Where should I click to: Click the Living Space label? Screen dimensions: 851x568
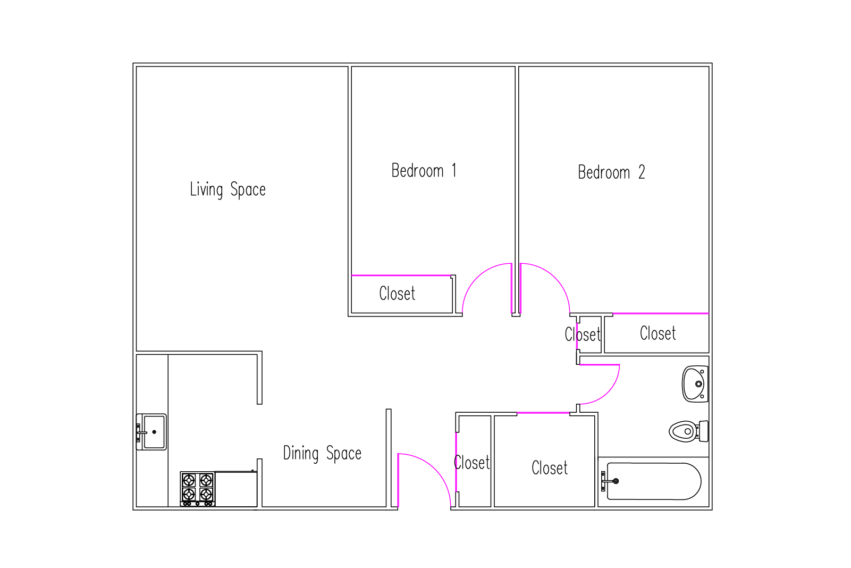(x=228, y=189)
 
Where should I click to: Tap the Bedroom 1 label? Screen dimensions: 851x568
(x=424, y=170)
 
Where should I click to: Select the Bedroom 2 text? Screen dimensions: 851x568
(x=611, y=172)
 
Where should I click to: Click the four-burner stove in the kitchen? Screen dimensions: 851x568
(x=198, y=489)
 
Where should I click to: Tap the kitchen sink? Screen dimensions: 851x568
(x=151, y=432)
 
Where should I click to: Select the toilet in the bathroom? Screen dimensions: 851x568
(x=688, y=431)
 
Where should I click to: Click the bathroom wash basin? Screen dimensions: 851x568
(x=695, y=384)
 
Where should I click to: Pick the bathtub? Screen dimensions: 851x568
(x=654, y=481)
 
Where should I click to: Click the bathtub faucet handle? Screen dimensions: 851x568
(x=609, y=481)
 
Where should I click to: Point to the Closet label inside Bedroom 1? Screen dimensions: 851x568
(x=397, y=294)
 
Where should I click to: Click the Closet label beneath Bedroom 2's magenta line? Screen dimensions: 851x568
(x=658, y=333)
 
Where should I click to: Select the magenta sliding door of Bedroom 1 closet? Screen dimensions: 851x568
(x=401, y=275)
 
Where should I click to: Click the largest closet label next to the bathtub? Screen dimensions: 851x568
(x=550, y=468)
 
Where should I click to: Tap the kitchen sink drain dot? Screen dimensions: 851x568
(x=154, y=432)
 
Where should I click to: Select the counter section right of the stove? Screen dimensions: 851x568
(x=236, y=489)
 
